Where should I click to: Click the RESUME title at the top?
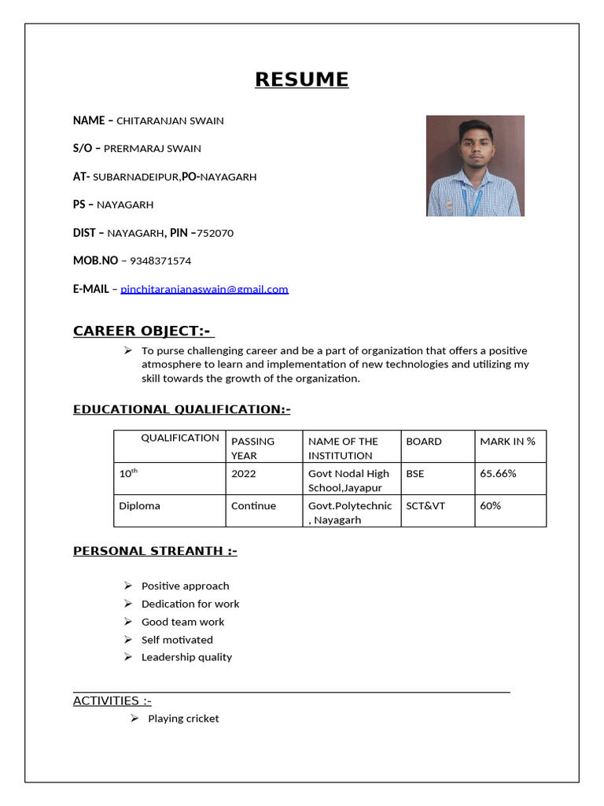click(x=301, y=79)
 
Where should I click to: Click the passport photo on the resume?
click(x=475, y=166)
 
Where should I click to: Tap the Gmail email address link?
click(x=204, y=289)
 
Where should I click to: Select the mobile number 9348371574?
click(x=160, y=261)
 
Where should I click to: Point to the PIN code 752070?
click(x=215, y=233)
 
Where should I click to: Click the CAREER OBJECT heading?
click(x=143, y=331)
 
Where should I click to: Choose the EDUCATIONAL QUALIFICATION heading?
click(x=182, y=409)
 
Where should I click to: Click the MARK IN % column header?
click(x=507, y=442)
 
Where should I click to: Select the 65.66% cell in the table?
click(x=498, y=474)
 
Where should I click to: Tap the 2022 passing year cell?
click(x=243, y=474)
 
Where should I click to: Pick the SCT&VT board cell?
click(x=425, y=506)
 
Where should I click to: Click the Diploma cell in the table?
click(x=139, y=506)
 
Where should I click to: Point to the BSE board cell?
click(x=415, y=474)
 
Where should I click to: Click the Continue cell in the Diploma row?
click(x=253, y=506)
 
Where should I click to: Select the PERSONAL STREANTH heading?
click(x=155, y=551)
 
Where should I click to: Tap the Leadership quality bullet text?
click(x=186, y=657)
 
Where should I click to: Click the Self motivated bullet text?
click(x=177, y=640)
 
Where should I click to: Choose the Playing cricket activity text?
click(x=183, y=719)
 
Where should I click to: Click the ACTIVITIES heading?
click(x=112, y=701)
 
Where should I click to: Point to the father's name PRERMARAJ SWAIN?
click(x=153, y=149)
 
